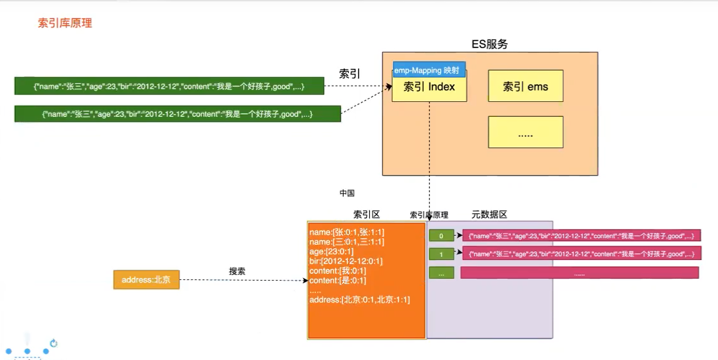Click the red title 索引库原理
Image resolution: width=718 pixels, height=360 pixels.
coord(65,23)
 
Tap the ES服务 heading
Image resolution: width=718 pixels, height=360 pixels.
coord(489,44)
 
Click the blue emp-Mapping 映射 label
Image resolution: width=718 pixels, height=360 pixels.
coord(430,70)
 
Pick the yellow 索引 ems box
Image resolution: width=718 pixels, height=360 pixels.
coord(526,86)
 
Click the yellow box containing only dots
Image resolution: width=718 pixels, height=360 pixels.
coord(526,132)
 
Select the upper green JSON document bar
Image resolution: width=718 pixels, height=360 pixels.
coord(169,86)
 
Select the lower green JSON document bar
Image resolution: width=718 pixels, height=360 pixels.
coord(177,114)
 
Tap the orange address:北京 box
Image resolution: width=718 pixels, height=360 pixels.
coord(146,280)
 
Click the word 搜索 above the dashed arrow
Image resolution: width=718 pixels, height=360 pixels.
coord(237,271)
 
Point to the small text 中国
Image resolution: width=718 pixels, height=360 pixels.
coord(347,193)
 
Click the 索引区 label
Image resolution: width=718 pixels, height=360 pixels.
coord(366,214)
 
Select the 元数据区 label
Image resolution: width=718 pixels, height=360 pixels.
coord(489,214)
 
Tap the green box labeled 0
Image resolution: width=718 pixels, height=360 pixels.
coord(441,236)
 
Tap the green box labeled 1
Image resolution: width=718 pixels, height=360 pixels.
coord(441,254)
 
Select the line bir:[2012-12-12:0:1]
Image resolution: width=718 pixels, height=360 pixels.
coord(346,261)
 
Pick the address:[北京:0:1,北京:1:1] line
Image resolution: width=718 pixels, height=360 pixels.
coord(359,300)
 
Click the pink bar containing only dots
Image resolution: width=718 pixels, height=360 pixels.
coord(579,272)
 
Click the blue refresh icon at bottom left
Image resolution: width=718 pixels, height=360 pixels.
coord(54,343)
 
